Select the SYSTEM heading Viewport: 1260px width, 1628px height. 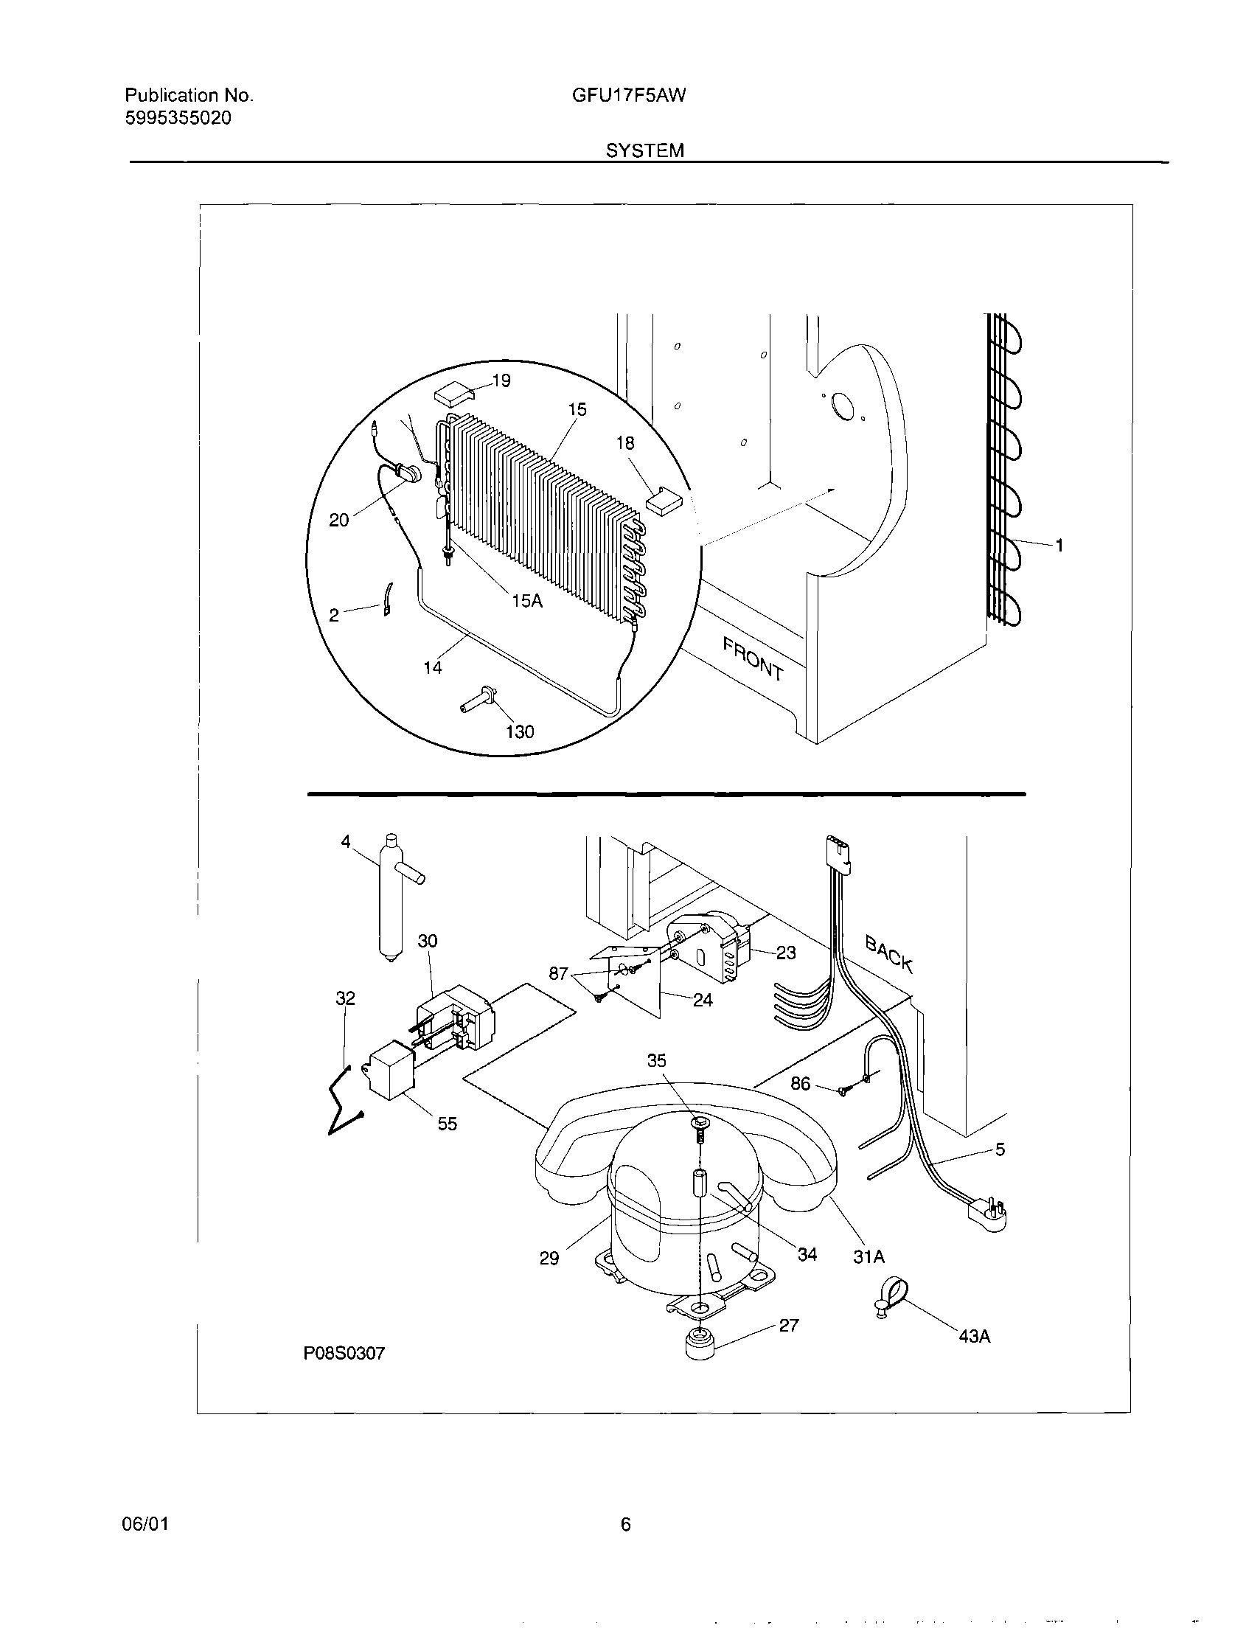pyautogui.click(x=644, y=151)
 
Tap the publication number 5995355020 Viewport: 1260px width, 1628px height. pyautogui.click(x=178, y=118)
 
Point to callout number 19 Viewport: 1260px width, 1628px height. pyautogui.click(x=502, y=381)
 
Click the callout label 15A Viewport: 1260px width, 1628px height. pyautogui.click(x=527, y=600)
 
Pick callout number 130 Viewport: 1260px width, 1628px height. pyautogui.click(x=520, y=731)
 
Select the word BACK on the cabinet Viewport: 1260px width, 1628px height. pyautogui.click(x=888, y=953)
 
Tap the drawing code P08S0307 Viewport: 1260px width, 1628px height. pyautogui.click(x=344, y=1353)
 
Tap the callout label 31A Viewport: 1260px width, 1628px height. pyautogui.click(x=869, y=1257)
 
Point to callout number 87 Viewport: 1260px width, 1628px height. pyautogui.click(x=558, y=973)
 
